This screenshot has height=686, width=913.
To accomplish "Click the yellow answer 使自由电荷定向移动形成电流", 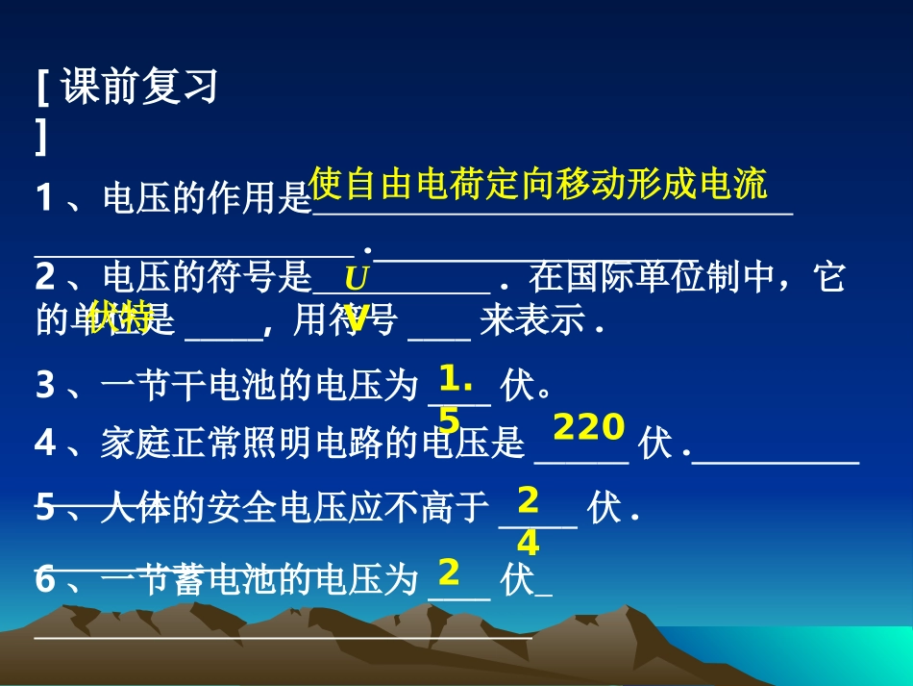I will pyautogui.click(x=539, y=183).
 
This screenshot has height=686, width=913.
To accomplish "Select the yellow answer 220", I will pyautogui.click(x=589, y=426).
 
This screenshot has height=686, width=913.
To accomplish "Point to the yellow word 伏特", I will pyautogui.click(x=120, y=317).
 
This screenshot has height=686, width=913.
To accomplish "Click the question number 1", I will pyautogui.click(x=44, y=199).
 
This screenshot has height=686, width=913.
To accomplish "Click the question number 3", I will pyautogui.click(x=44, y=386).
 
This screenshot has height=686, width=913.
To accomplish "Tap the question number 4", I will pyautogui.click(x=44, y=444).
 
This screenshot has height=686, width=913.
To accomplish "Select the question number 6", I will pyautogui.click(x=44, y=580).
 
